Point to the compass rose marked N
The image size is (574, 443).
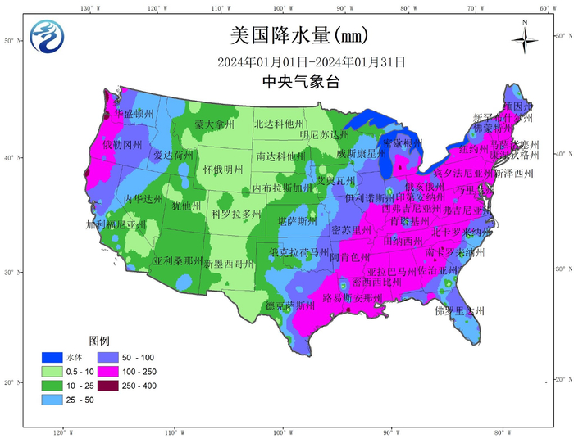(x=524, y=38)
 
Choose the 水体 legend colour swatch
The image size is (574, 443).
(x=53, y=358)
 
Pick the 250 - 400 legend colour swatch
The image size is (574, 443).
(x=107, y=385)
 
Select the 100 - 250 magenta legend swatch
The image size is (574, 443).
(x=107, y=372)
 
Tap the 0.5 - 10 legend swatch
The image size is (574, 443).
(x=53, y=372)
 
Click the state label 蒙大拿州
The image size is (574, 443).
(x=214, y=124)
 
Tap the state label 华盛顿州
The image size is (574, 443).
(x=132, y=113)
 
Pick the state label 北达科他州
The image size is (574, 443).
(x=280, y=124)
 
